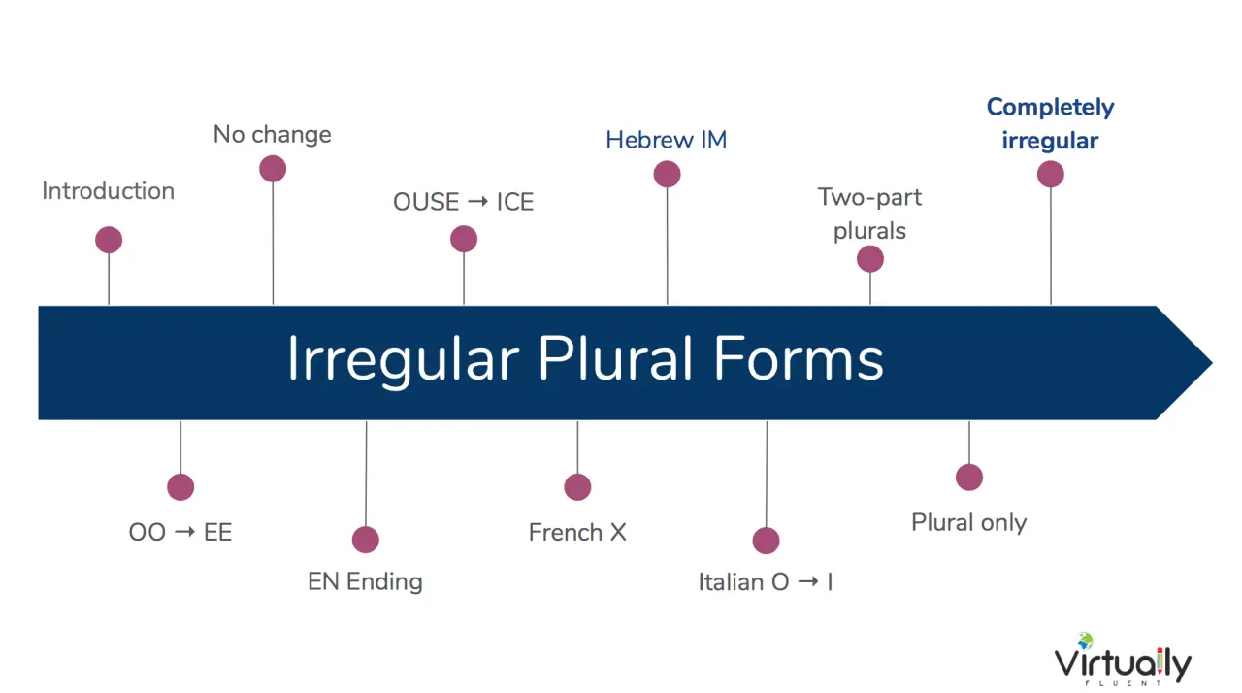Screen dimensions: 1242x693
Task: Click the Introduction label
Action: click(x=108, y=190)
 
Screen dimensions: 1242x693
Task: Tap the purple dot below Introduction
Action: click(x=109, y=240)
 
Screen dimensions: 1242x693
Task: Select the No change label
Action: click(x=273, y=134)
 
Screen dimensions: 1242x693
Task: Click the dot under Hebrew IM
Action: click(x=667, y=174)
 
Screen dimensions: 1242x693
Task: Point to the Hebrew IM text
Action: click(x=666, y=140)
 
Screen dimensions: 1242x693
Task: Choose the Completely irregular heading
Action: click(x=1050, y=123)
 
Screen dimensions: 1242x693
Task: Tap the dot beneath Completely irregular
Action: click(x=1051, y=174)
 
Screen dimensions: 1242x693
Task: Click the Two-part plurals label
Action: click(x=869, y=214)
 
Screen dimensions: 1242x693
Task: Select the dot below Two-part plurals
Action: click(x=870, y=259)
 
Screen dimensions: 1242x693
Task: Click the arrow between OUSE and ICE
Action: click(x=477, y=201)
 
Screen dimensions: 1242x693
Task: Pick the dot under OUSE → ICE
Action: click(x=464, y=239)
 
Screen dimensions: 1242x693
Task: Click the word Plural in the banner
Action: click(x=615, y=359)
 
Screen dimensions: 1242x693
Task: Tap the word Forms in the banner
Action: click(x=799, y=359)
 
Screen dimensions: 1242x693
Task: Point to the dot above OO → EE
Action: click(x=180, y=487)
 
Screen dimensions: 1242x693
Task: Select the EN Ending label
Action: click(x=365, y=581)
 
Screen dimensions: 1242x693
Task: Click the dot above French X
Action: click(x=577, y=487)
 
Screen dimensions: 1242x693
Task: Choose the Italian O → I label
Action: click(x=766, y=582)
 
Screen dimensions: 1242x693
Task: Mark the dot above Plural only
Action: click(x=969, y=478)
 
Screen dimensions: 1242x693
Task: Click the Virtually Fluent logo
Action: click(x=1123, y=660)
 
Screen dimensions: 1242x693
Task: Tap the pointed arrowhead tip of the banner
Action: click(x=1212, y=363)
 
